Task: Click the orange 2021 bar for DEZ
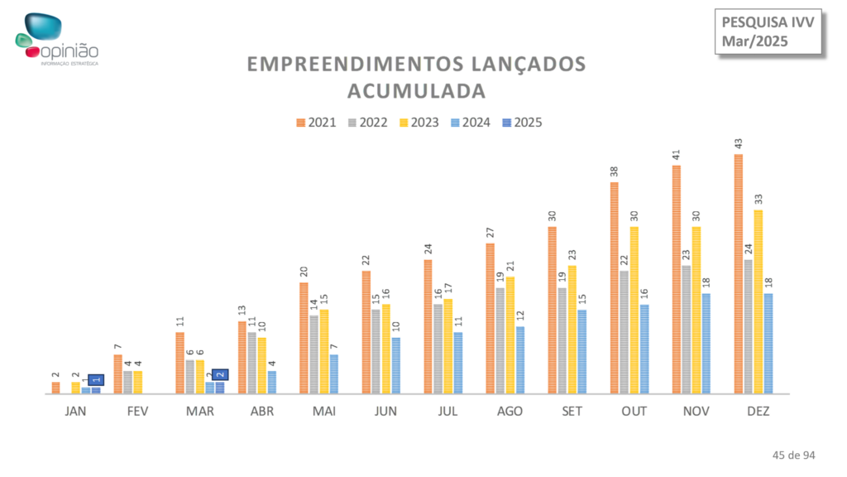(x=739, y=273)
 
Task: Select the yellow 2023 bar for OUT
(x=634, y=310)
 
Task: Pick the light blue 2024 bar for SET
(x=581, y=351)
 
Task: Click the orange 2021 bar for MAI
(x=304, y=338)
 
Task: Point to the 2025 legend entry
(x=522, y=123)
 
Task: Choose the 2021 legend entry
(x=316, y=123)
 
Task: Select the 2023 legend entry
(x=419, y=123)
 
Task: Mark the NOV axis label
(x=695, y=412)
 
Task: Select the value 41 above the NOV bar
(x=677, y=155)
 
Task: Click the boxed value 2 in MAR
(x=220, y=375)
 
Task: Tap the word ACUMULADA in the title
(x=416, y=89)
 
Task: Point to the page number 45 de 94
(x=793, y=455)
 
